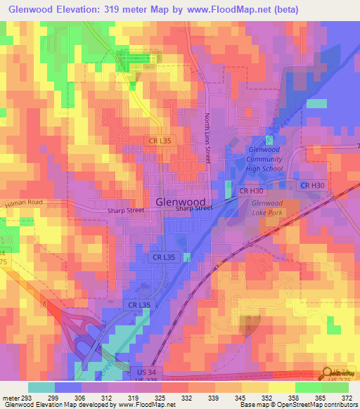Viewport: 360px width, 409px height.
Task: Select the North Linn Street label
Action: tap(208, 138)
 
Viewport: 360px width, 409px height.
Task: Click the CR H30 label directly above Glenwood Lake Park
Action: tap(251, 191)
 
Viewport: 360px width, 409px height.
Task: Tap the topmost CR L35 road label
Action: tap(160, 141)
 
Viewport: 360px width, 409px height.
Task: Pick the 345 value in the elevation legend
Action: tap(244, 398)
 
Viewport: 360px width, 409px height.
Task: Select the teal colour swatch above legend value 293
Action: tap(41, 387)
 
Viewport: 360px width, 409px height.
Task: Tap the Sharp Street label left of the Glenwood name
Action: tap(126, 210)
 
